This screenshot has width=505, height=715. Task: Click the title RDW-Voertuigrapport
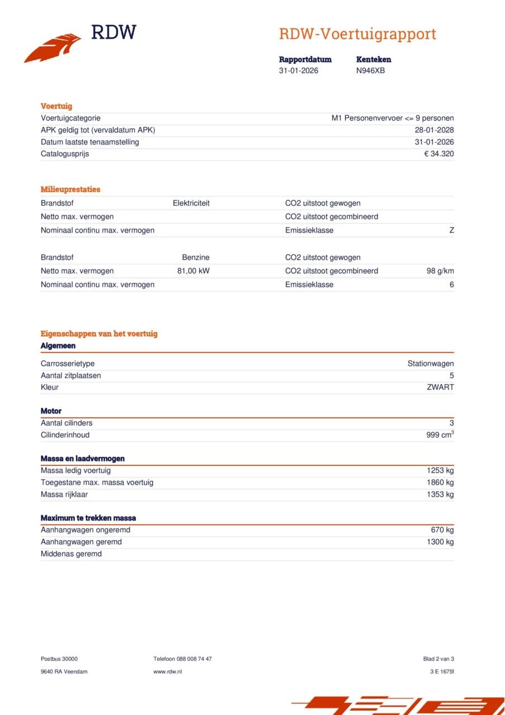357,34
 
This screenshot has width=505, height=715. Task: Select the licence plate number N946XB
370,70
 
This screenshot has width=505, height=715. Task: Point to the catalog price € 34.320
439,154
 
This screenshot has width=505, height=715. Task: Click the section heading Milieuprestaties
70,189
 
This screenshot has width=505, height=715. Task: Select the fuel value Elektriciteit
191,203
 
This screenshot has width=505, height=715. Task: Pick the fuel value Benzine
196,258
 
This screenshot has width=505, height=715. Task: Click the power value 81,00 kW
193,271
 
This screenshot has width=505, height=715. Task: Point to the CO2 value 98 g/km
440,271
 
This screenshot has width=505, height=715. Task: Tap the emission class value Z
451,230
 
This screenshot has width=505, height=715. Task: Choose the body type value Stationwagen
430,364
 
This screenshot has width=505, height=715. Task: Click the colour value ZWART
440,387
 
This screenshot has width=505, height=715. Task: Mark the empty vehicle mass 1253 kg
440,470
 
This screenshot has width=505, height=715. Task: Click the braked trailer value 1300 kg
440,542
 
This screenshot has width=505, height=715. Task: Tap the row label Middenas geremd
71,554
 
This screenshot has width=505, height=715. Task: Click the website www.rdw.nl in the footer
168,671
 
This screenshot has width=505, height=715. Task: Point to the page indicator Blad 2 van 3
439,659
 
